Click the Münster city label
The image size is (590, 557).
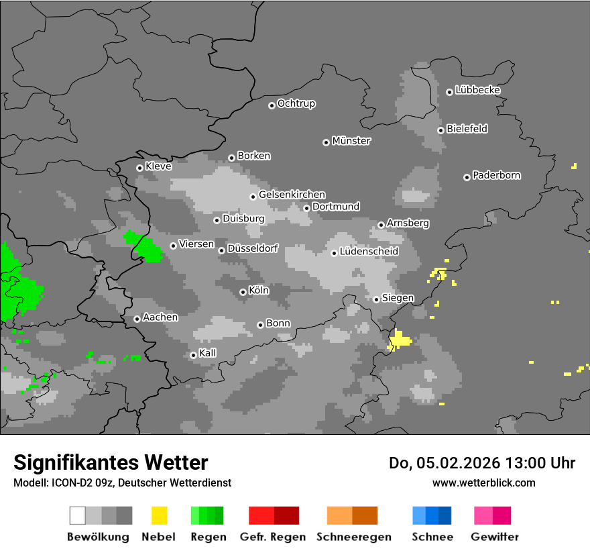(x=351, y=141)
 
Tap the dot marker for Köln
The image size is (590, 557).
(x=243, y=292)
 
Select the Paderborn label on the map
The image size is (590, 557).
(x=497, y=176)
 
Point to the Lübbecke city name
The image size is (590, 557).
(x=478, y=90)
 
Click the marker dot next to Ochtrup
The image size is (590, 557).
(x=272, y=105)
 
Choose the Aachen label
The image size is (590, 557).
(x=161, y=317)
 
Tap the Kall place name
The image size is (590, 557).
(x=208, y=353)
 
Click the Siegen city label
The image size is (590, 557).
(x=398, y=298)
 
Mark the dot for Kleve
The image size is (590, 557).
(x=139, y=168)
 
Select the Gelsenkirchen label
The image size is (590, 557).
(x=292, y=195)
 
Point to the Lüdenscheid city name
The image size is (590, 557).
(x=369, y=252)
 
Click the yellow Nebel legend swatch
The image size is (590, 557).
(x=159, y=515)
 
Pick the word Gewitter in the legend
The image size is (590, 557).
(x=495, y=537)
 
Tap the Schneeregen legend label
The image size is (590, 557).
(x=354, y=537)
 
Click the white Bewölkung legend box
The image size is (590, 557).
(x=77, y=515)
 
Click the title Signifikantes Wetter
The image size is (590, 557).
(x=111, y=462)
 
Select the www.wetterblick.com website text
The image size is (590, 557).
(x=484, y=483)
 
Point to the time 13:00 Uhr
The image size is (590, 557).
(x=544, y=463)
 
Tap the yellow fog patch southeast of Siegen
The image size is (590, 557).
(x=400, y=340)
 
